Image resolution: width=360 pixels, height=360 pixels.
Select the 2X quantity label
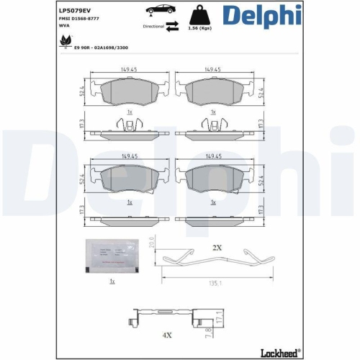click(217, 247)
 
